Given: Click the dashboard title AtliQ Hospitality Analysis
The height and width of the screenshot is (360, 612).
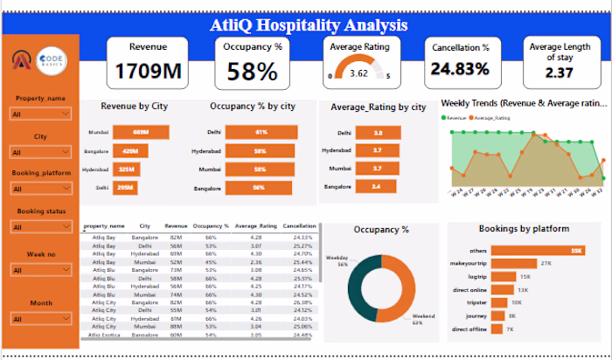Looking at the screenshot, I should pyautogui.click(x=309, y=24).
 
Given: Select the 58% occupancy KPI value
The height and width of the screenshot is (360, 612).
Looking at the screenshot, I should pyautogui.click(x=253, y=72).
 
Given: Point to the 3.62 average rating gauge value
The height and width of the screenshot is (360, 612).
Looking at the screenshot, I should pyautogui.click(x=358, y=74).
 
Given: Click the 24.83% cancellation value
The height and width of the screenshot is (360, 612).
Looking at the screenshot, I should pyautogui.click(x=459, y=69).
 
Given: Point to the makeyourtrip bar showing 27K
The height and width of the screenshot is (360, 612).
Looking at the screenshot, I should pyautogui.click(x=515, y=263).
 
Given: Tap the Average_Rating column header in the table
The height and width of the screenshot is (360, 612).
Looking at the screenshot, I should pyautogui.click(x=255, y=225).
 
